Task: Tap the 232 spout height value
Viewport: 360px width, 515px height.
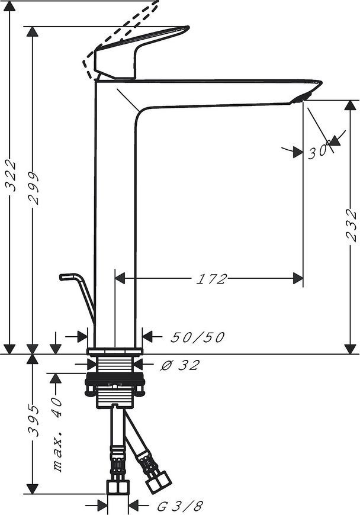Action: coord(352,225)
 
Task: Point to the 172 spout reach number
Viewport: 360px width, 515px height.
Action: coord(211,279)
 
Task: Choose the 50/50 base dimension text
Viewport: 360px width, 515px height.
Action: coord(198,337)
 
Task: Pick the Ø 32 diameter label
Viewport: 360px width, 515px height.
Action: coord(180,365)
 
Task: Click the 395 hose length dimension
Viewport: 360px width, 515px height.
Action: coord(33,421)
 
